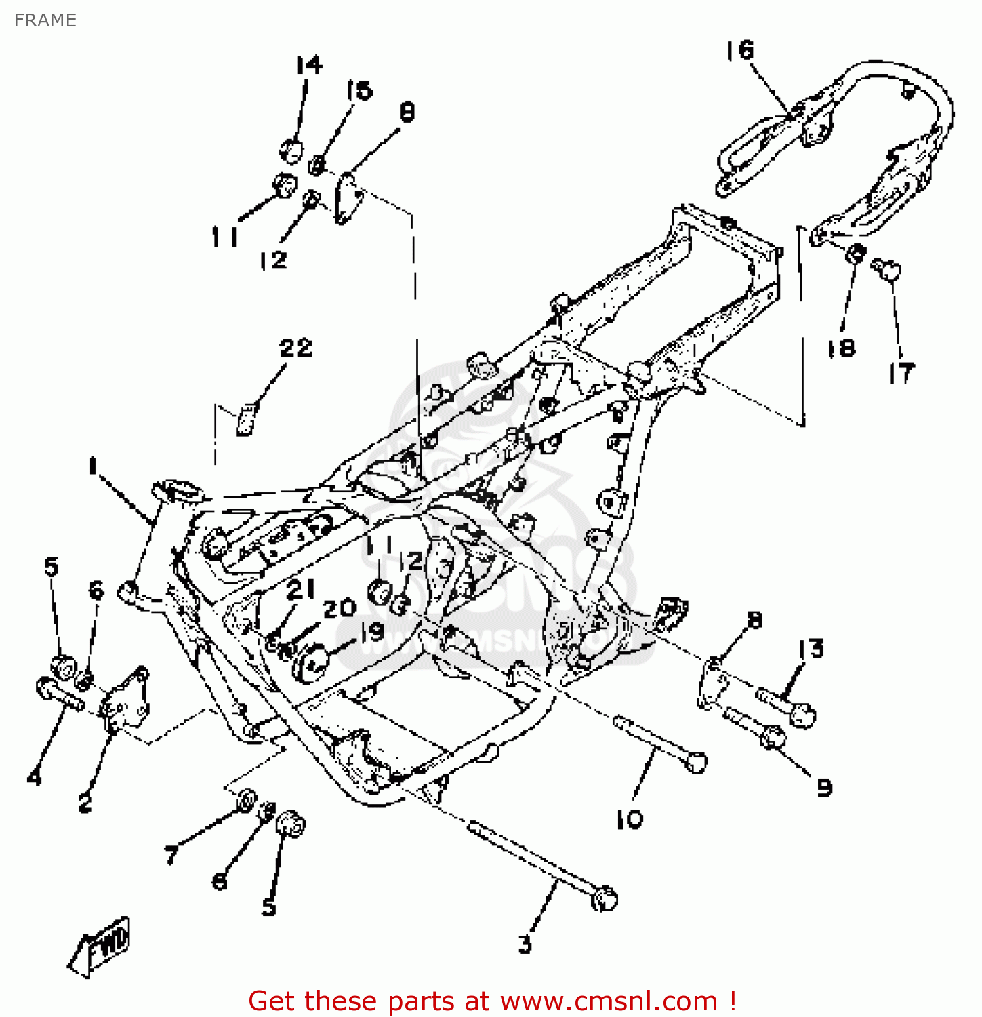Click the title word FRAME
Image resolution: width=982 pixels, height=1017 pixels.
click(x=45, y=20)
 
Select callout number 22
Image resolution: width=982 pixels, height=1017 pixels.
click(x=295, y=348)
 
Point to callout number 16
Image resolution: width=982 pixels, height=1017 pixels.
click(x=739, y=50)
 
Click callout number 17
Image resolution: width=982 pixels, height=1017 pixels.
click(x=901, y=373)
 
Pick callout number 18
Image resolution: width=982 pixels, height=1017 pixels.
click(x=841, y=348)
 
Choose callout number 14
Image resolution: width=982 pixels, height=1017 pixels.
click(x=309, y=65)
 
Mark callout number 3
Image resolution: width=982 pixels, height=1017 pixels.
click(x=525, y=944)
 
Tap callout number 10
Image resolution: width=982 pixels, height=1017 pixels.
click(x=630, y=819)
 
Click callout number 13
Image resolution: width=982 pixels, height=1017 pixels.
click(x=811, y=649)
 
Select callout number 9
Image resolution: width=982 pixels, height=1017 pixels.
click(x=824, y=788)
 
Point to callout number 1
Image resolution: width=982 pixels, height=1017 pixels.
click(x=92, y=466)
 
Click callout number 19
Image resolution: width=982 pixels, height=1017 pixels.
click(x=371, y=632)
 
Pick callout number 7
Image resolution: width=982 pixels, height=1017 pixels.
click(x=171, y=855)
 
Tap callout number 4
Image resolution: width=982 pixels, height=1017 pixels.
click(x=34, y=777)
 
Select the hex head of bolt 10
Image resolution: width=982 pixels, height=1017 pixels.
click(x=695, y=761)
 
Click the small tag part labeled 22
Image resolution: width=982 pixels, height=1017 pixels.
click(x=245, y=419)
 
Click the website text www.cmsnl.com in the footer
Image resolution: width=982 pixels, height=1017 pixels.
click(x=609, y=1001)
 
